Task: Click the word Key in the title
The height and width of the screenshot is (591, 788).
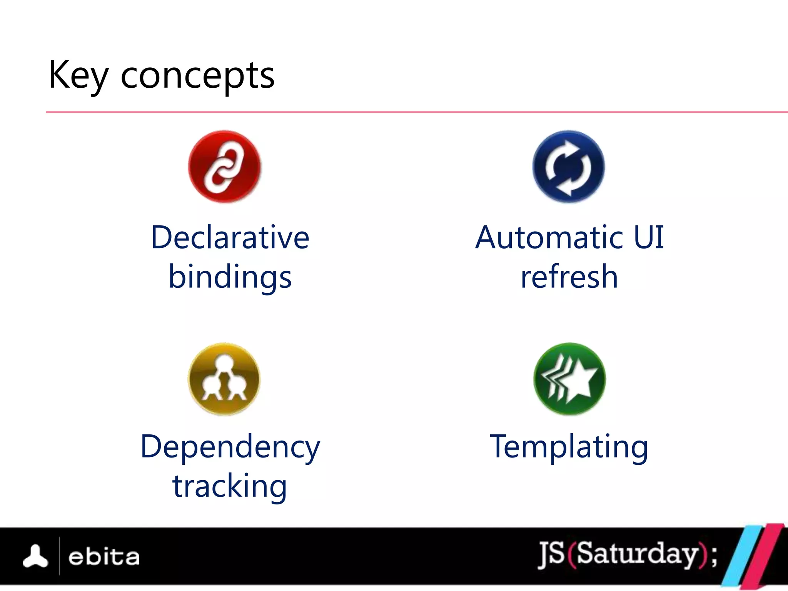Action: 78,75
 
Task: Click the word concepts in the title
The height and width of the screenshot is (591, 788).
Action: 197,76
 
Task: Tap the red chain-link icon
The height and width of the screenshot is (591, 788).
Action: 224,167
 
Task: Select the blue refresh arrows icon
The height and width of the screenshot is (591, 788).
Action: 568,167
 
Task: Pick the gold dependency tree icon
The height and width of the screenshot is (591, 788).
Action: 224,379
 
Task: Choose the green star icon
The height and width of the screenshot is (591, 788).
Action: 569,379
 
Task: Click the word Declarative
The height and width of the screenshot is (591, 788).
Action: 230,237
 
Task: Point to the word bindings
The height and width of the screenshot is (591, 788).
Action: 230,277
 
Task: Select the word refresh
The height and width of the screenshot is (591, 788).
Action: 569,277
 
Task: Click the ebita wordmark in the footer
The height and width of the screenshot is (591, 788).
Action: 104,557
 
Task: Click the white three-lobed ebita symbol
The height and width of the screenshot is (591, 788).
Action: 35,556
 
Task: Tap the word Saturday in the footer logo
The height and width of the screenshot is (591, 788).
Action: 637,554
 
